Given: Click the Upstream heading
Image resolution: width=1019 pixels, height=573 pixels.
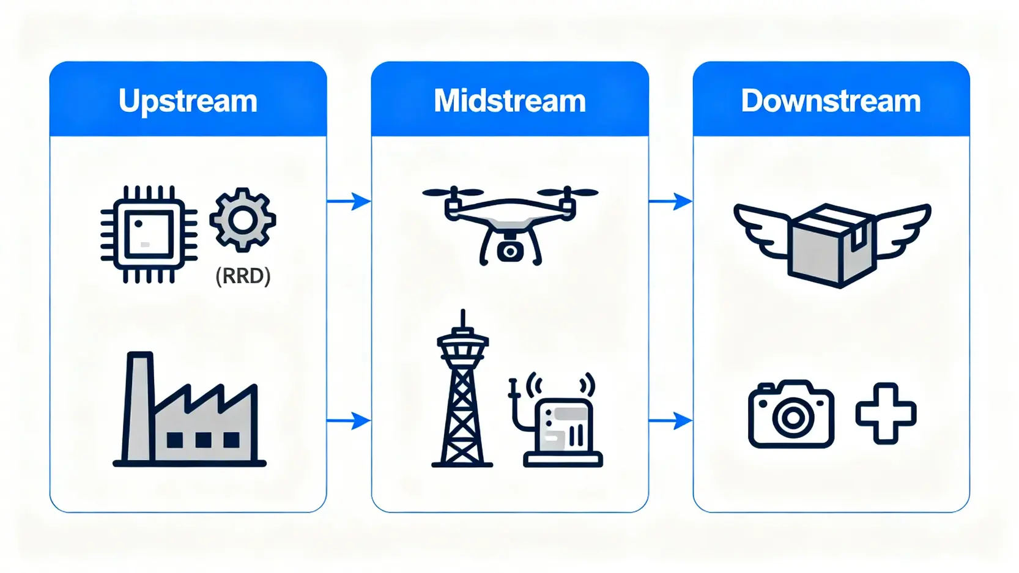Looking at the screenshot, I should coord(188,101).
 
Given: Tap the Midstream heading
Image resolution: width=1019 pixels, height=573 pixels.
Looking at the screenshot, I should coord(509,101).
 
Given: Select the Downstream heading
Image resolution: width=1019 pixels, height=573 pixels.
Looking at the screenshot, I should coord(831,101).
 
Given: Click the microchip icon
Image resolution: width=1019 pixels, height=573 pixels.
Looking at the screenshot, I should coord(149,234).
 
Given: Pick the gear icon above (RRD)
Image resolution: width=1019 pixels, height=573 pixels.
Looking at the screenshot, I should coord(243,220).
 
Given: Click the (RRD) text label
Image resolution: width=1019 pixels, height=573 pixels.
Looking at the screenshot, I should coord(243,276).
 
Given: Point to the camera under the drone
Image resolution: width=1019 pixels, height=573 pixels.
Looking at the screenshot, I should coord(509,251).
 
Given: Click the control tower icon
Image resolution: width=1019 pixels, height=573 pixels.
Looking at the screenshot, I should coord(462,391).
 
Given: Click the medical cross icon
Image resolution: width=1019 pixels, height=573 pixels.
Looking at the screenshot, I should coord(886,413).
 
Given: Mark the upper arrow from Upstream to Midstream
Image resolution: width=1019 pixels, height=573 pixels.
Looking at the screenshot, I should coord(349,201).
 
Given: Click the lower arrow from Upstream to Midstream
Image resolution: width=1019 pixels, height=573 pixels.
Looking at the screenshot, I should coord(349,421).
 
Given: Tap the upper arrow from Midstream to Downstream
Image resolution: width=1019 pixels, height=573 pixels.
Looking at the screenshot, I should coord(671,201).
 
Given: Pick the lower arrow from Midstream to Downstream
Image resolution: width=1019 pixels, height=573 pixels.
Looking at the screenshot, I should coord(671,421).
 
